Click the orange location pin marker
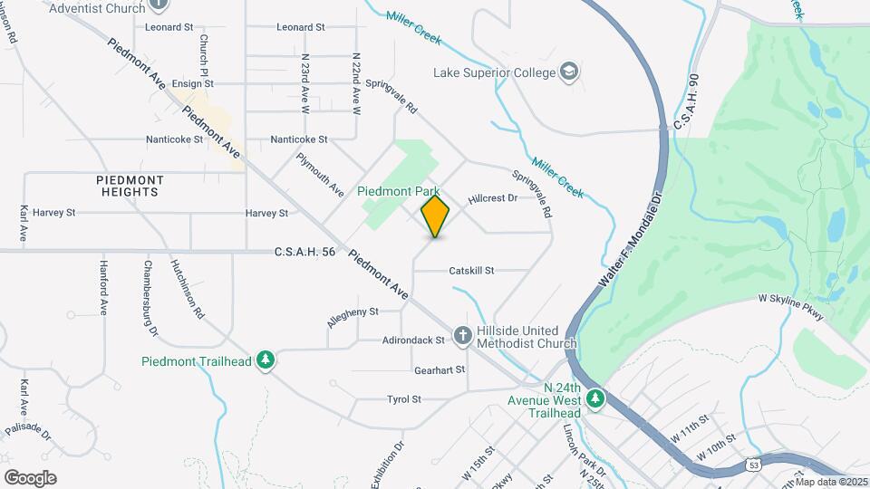(x=435, y=216)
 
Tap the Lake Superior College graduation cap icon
(x=569, y=72)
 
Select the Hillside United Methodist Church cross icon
(x=462, y=337)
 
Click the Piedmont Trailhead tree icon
(x=266, y=361)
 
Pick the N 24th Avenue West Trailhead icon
(x=594, y=398)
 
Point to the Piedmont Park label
(x=398, y=191)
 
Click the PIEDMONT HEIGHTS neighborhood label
(x=130, y=186)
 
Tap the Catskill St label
(x=471, y=271)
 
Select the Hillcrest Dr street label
(x=492, y=197)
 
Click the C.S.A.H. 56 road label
(x=304, y=252)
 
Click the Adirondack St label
(x=415, y=340)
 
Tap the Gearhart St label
(x=439, y=369)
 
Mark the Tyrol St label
(x=404, y=398)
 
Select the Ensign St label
(x=192, y=83)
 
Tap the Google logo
(x=30, y=477)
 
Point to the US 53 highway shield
(x=754, y=465)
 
